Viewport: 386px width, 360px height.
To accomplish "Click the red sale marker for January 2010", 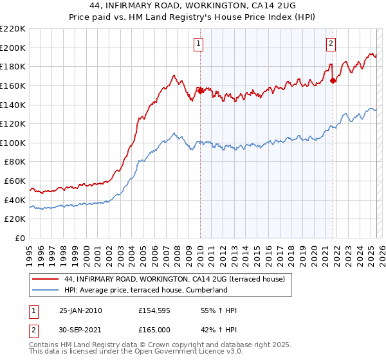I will pyautogui.click(x=200, y=91).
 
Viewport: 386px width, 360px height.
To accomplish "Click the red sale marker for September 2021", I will pyautogui.click(x=333, y=80).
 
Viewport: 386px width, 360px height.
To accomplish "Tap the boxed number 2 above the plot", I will pyautogui.click(x=331, y=44).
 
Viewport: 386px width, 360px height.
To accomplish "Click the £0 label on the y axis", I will pyautogui.click(x=21, y=239).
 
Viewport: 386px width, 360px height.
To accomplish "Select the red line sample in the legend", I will pyautogui.click(x=46, y=280).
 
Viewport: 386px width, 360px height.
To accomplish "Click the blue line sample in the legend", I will pyautogui.click(x=46, y=291).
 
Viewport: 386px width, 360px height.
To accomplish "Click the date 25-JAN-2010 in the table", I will pyautogui.click(x=80, y=310).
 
